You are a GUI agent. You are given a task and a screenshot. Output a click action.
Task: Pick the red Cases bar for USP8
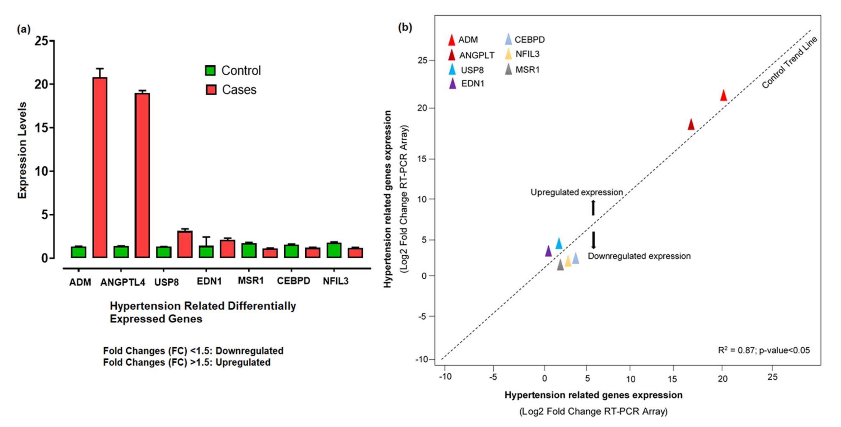[x=185, y=244]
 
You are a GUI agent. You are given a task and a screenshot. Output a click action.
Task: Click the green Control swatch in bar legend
[x=210, y=70]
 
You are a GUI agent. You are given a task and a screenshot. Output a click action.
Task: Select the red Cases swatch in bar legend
[x=211, y=90]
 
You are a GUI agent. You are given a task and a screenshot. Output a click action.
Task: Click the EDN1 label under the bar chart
[x=209, y=281]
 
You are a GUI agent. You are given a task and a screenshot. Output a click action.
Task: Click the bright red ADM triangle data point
[x=723, y=96]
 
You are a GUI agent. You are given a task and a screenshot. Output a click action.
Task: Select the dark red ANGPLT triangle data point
[x=691, y=125]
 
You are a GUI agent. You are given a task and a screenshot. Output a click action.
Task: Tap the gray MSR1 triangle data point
[x=560, y=265]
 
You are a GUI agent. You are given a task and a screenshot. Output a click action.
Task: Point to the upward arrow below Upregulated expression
[x=593, y=208]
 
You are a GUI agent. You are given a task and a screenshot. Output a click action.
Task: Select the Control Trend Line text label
[x=789, y=63]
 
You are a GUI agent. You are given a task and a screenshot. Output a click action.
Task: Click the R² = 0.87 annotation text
[x=764, y=350]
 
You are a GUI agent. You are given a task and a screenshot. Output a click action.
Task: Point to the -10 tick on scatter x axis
[x=445, y=377]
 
